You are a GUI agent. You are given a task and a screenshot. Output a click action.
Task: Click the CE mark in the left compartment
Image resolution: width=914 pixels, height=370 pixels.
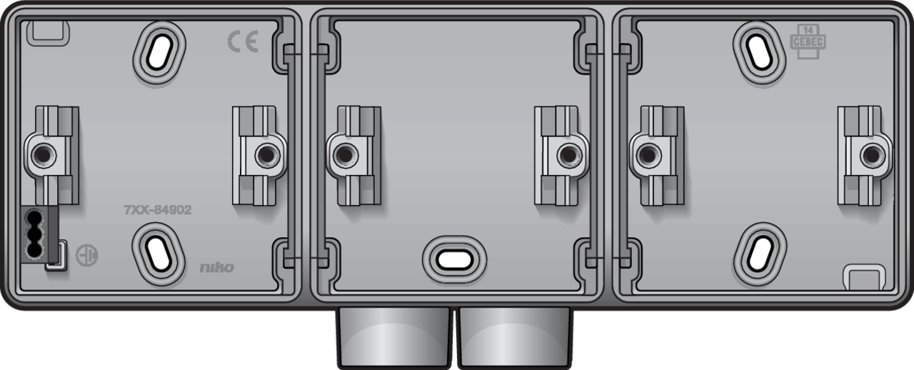(x=243, y=42)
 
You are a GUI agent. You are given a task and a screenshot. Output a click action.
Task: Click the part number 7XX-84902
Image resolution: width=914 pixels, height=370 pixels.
(x=158, y=210)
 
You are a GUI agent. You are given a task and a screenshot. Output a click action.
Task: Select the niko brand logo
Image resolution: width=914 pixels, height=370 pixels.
(x=216, y=268)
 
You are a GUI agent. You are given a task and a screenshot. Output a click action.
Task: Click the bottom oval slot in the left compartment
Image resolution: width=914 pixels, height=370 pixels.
(x=158, y=249)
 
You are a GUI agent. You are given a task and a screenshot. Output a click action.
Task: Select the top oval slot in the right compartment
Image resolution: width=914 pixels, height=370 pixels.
(x=759, y=47)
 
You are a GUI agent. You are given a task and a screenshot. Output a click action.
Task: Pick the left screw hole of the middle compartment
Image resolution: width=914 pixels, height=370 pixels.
(x=344, y=153)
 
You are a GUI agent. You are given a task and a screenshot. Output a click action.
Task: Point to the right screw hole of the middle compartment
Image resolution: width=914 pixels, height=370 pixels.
(x=567, y=153)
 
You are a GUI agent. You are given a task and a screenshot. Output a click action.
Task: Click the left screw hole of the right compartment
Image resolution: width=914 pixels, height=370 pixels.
(x=647, y=153)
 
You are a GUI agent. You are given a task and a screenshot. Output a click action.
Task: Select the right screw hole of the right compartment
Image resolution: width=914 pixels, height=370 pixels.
(x=870, y=153)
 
